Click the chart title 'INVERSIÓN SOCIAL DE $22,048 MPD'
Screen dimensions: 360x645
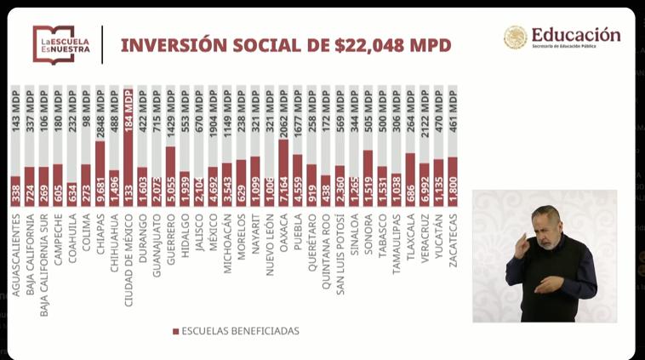point(286,45)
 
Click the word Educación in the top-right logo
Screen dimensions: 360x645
point(575,35)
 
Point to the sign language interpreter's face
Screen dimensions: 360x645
point(547,227)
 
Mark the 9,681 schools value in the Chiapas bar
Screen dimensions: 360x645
point(100,189)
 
